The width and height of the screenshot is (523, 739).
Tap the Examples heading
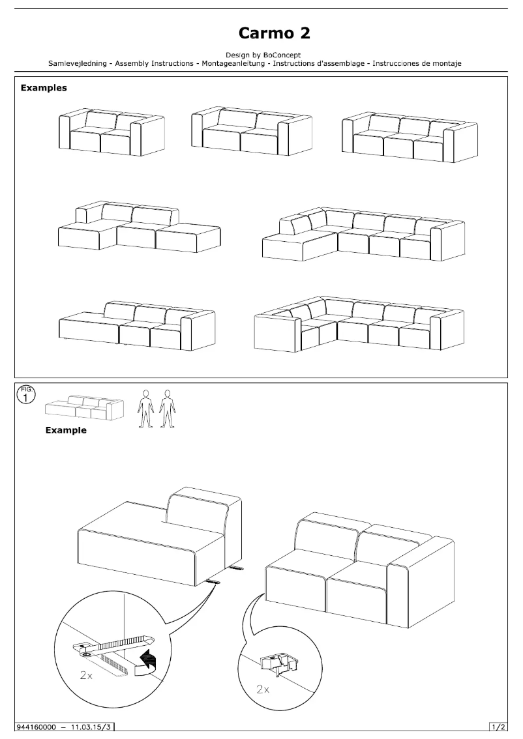click(x=44, y=87)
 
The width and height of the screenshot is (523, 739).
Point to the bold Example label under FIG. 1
click(x=65, y=430)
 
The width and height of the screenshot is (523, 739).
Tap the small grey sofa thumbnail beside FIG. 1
click(x=83, y=408)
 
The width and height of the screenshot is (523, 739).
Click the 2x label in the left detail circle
click(x=86, y=676)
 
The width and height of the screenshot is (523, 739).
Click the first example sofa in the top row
click(x=112, y=132)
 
